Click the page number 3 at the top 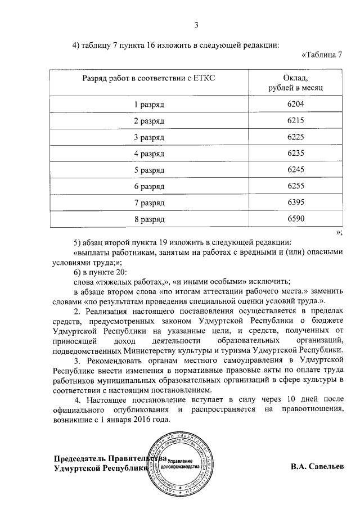(196, 25)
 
